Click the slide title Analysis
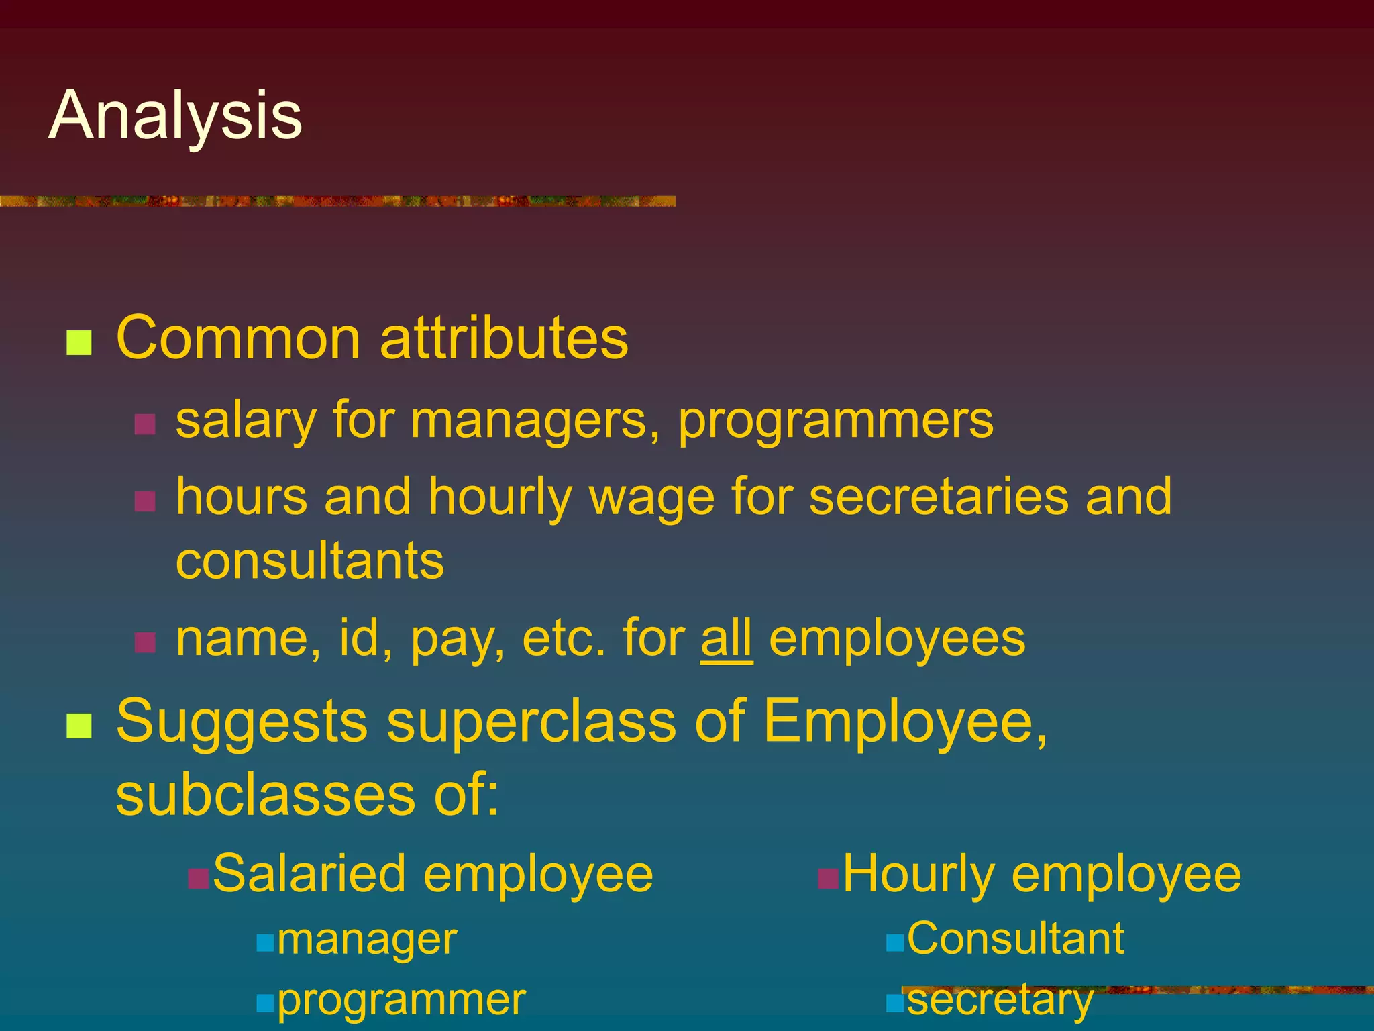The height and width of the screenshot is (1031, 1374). coord(176,115)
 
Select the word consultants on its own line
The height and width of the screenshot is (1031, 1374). coord(310,560)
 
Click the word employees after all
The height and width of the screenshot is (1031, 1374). coord(897,640)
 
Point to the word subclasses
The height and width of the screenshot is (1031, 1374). coord(266,795)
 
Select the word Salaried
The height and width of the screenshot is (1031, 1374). coord(309,874)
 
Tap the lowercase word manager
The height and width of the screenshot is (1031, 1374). coord(367,939)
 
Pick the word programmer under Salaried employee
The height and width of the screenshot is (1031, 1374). coord(401,1000)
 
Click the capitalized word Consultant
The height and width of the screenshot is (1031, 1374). coord(1015,938)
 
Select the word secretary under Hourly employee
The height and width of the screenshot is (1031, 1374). coord(1000,1000)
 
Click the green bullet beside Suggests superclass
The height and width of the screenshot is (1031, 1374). coord(79,726)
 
